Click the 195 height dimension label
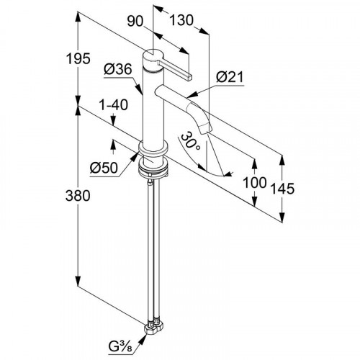coord(78,58)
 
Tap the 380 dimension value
coord(78,195)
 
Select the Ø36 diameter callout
coord(118,69)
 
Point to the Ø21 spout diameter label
coord(230,77)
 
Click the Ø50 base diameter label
coord(104,168)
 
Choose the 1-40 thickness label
coord(114,104)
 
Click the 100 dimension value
coord(255,182)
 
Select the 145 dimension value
coord(282,189)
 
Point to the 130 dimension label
coord(181,20)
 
